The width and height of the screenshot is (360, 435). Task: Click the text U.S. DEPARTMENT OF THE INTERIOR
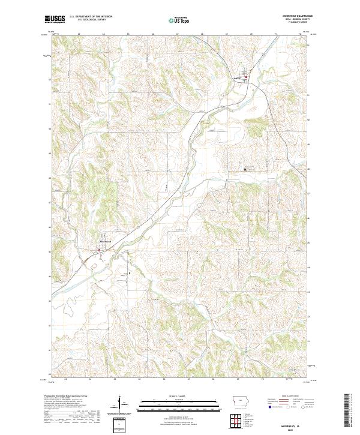(91, 17)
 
